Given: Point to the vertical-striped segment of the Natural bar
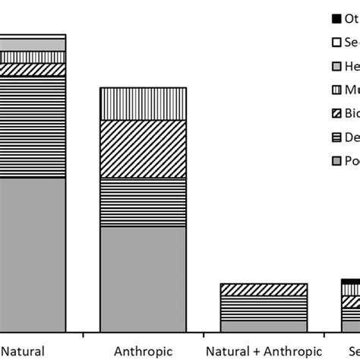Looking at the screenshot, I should coord(33,57).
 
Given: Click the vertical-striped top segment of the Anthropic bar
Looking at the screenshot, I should coord(143,103).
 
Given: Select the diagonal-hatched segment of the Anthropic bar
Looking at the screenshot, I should coord(143,149).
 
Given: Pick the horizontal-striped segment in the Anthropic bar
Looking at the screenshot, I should coord(143,202).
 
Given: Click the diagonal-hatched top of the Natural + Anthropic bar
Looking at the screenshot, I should coord(264,289).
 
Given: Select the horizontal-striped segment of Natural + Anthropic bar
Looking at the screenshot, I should coord(264,308).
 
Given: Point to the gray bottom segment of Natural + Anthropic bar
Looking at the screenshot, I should coord(264,326).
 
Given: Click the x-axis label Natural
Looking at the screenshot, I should coord(24,351).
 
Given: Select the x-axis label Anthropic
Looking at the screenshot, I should coord(144,351).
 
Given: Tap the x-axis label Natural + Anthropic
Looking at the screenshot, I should coord(264,351).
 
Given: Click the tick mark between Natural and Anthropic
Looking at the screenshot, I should coord(83,334).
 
